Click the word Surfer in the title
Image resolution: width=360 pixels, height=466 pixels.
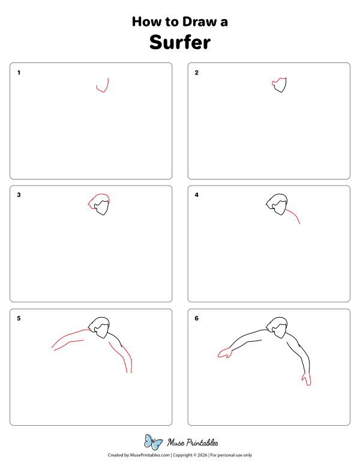(180, 42)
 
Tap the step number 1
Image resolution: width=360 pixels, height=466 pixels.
(19, 73)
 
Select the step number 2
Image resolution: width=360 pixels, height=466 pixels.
(196, 73)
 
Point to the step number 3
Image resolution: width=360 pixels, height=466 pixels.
(19, 195)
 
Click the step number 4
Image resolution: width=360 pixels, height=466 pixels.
(196, 195)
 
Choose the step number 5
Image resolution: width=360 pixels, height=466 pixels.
(19, 318)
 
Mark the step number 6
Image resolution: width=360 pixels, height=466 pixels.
(196, 318)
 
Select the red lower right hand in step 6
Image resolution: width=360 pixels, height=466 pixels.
(307, 378)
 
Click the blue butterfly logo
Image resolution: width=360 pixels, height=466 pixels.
(154, 442)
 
